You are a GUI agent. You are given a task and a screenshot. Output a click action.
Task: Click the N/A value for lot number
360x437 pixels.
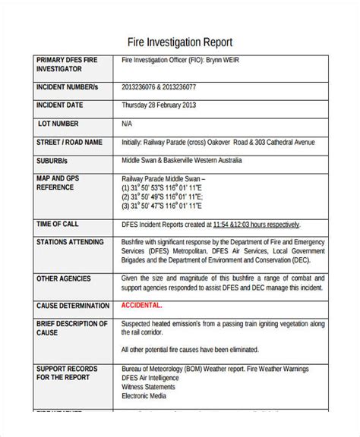pos(127,122)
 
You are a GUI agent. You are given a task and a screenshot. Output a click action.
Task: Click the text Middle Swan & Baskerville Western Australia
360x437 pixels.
pos(182,161)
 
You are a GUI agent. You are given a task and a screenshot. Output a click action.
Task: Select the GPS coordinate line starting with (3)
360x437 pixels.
pos(163,205)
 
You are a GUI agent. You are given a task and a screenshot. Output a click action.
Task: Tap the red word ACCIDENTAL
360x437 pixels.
pos(141,305)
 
